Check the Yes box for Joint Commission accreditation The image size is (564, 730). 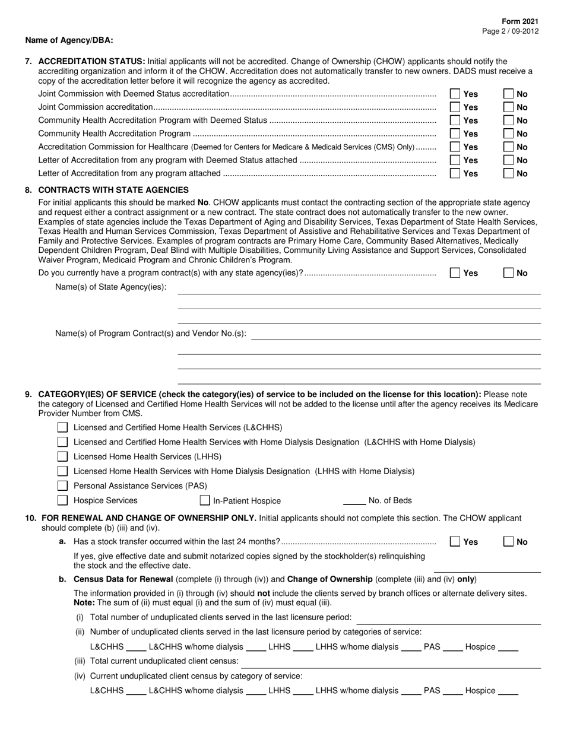[455, 107]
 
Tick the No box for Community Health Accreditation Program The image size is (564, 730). [508, 134]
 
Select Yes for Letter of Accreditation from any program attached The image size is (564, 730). [455, 174]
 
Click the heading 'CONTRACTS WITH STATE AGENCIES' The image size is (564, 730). [113, 190]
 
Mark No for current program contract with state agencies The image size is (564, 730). [508, 273]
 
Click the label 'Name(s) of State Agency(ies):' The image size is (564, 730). [111, 287]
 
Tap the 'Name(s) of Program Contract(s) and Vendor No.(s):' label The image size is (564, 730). [150, 334]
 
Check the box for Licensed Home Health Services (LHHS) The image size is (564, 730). [62, 456]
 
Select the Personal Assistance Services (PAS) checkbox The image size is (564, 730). [62, 485]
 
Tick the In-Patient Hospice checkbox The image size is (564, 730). [205, 500]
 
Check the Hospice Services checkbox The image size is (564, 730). [62, 500]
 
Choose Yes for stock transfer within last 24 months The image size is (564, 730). [455, 541]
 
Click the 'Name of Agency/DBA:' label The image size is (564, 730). [69, 40]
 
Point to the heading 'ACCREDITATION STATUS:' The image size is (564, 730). [91, 61]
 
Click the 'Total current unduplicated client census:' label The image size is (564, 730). [164, 661]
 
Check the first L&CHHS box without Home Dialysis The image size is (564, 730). [62, 427]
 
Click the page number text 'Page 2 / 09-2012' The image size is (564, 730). [511, 31]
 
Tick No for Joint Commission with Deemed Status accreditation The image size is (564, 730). [508, 94]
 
